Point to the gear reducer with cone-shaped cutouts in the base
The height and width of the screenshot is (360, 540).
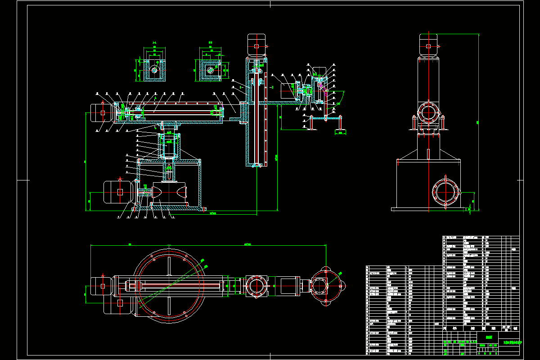(169, 192)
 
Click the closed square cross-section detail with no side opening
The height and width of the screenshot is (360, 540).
(154, 70)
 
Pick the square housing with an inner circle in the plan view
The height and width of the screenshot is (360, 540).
(256, 285)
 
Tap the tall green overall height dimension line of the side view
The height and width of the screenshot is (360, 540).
(478, 121)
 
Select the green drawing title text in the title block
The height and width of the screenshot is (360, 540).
(488, 336)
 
